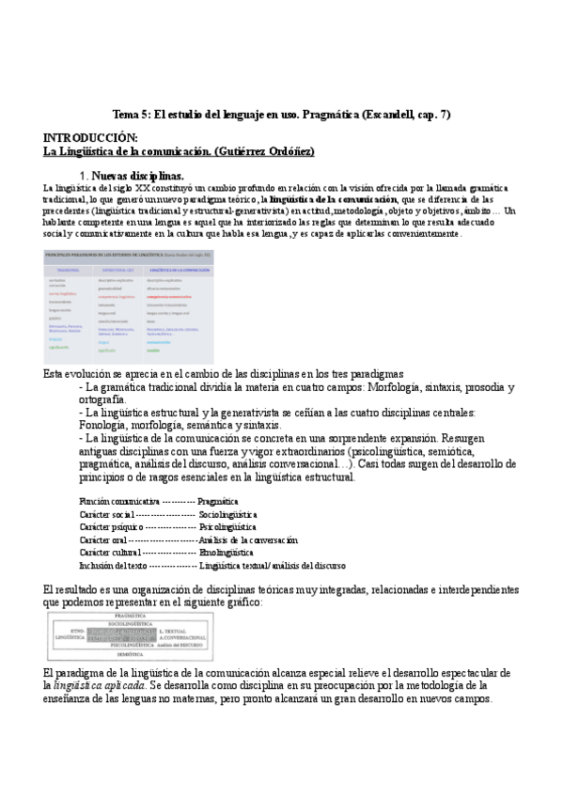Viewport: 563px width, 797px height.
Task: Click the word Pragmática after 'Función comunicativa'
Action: (x=218, y=502)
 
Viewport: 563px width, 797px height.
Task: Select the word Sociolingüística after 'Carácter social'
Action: (x=228, y=515)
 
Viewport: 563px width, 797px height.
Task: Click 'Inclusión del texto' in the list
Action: (x=113, y=566)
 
